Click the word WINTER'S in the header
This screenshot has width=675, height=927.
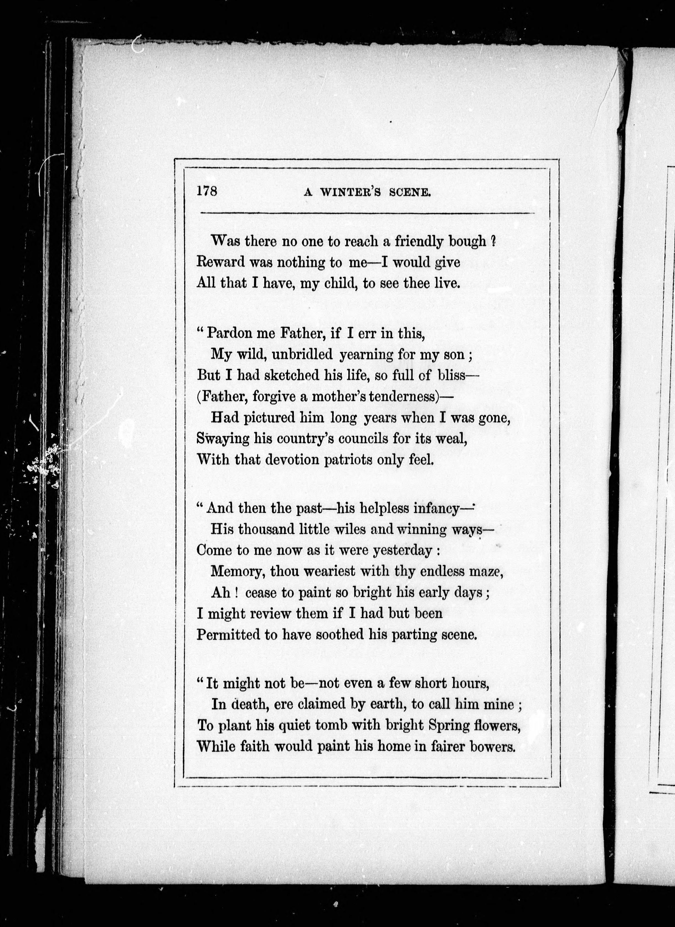coord(350,193)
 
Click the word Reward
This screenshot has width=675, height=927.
coord(220,262)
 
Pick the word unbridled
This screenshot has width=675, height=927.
coord(302,354)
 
